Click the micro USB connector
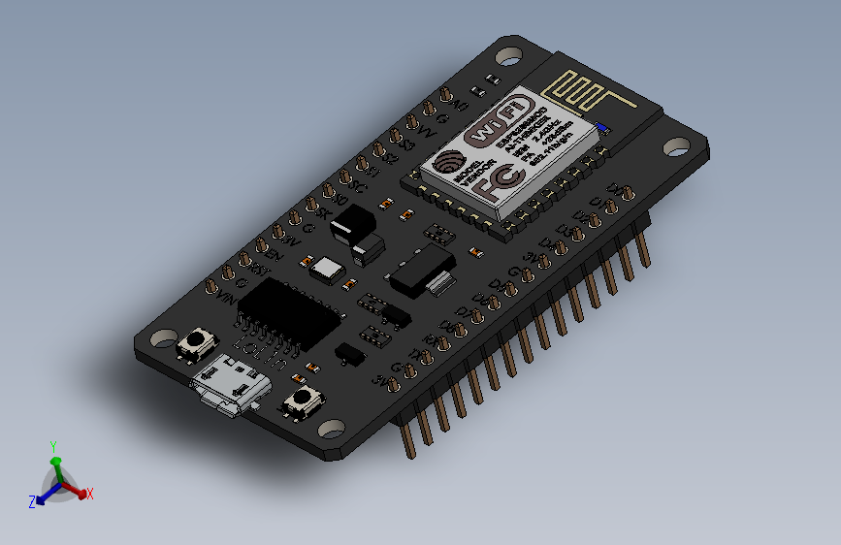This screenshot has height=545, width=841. (x=229, y=386)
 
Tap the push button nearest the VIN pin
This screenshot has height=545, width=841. (x=200, y=340)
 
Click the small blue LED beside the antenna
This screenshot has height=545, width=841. (x=602, y=126)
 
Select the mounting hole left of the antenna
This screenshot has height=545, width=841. (x=510, y=55)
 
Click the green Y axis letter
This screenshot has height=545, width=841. (x=54, y=447)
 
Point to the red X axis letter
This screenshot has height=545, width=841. (x=89, y=494)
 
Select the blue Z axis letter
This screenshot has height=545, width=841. (x=32, y=501)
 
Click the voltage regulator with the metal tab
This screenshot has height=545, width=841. (x=421, y=269)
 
